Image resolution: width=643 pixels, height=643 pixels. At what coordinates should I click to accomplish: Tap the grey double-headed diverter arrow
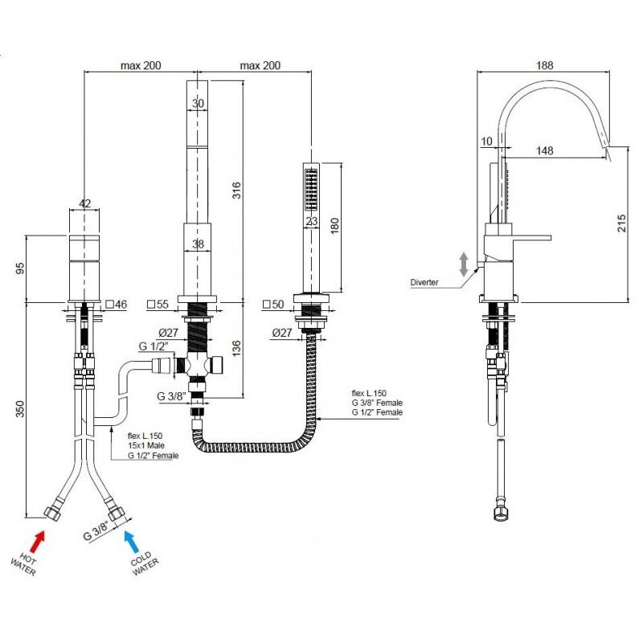(x=464, y=264)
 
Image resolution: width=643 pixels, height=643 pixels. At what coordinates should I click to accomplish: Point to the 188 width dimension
(x=546, y=65)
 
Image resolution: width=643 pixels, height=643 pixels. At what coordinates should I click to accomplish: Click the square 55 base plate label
(x=158, y=305)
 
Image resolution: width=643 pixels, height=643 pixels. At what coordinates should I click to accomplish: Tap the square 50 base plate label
(x=273, y=305)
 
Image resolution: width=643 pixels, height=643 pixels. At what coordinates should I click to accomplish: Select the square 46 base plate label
(x=117, y=305)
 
